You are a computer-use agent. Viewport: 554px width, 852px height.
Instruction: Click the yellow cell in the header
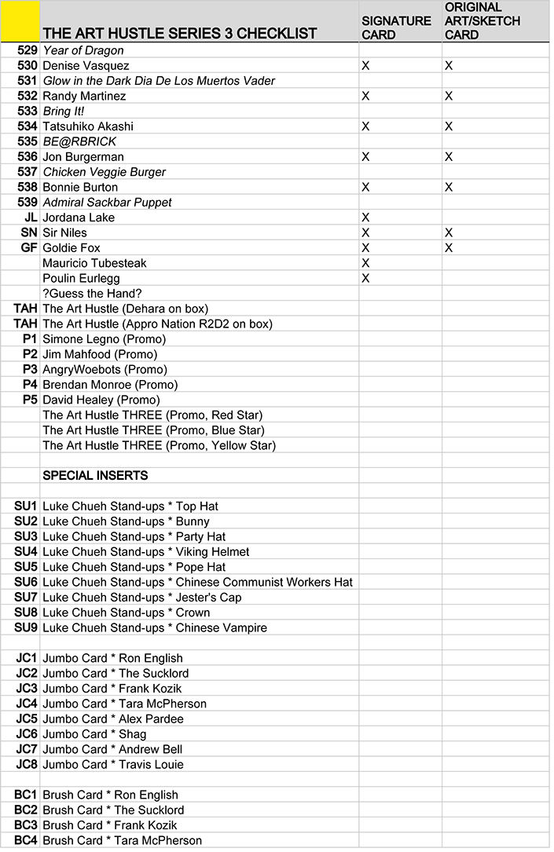tap(20, 21)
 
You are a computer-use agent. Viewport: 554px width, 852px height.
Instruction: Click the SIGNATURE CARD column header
tap(396, 27)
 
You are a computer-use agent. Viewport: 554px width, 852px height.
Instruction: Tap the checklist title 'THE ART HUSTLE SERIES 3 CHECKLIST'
tap(179, 33)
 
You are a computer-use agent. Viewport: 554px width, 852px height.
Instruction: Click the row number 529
tap(27, 50)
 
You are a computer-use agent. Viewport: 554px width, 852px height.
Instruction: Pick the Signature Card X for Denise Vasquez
tap(365, 66)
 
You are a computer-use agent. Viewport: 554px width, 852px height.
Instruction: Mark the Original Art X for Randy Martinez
tap(449, 96)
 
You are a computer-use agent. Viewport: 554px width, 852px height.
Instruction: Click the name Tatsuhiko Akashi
tap(87, 126)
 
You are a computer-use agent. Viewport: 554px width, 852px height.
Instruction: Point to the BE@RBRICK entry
tap(79, 141)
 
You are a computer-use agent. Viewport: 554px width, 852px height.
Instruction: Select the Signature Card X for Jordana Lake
tap(365, 218)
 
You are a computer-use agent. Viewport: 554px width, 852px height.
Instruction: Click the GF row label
tap(29, 248)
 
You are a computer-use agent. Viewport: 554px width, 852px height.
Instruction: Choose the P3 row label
tap(30, 370)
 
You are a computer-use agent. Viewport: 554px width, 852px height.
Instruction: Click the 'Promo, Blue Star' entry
tap(153, 430)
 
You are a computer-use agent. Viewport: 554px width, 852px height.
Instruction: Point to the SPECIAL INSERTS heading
tap(95, 476)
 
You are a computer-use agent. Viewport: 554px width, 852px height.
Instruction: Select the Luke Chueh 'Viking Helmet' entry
tap(145, 552)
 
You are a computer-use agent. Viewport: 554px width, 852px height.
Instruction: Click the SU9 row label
tap(26, 628)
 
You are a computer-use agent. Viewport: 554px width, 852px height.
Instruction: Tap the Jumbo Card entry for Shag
tap(94, 734)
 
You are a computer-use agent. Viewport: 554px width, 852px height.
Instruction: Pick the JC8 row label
tap(27, 765)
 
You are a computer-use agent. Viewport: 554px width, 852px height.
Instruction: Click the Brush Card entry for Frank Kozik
tap(110, 825)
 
